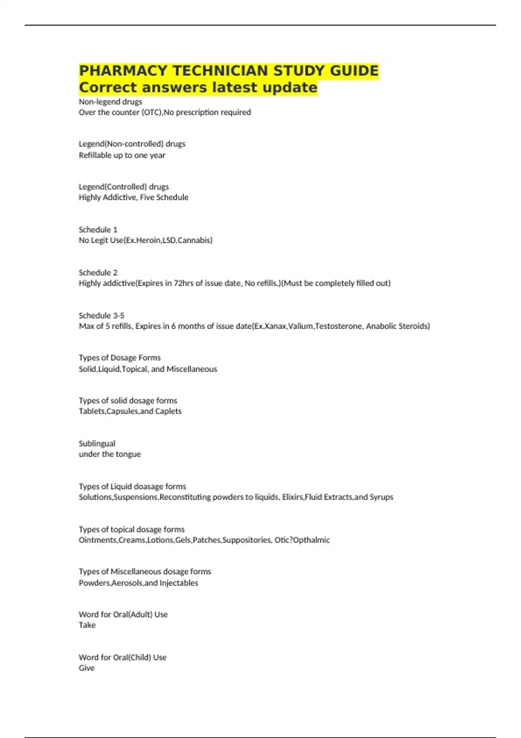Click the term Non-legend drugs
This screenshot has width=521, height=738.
(x=110, y=102)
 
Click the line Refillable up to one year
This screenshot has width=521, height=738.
(x=122, y=155)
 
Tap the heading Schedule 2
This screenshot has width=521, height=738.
(x=98, y=273)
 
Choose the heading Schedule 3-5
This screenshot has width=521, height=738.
(x=102, y=316)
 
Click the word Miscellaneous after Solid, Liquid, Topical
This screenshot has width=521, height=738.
(x=192, y=369)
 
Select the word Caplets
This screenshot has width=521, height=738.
(x=168, y=411)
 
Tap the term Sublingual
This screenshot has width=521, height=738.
(x=97, y=444)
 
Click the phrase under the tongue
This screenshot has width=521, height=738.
(x=110, y=454)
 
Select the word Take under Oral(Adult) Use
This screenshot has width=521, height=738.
(x=87, y=625)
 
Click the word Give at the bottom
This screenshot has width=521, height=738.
(x=86, y=668)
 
